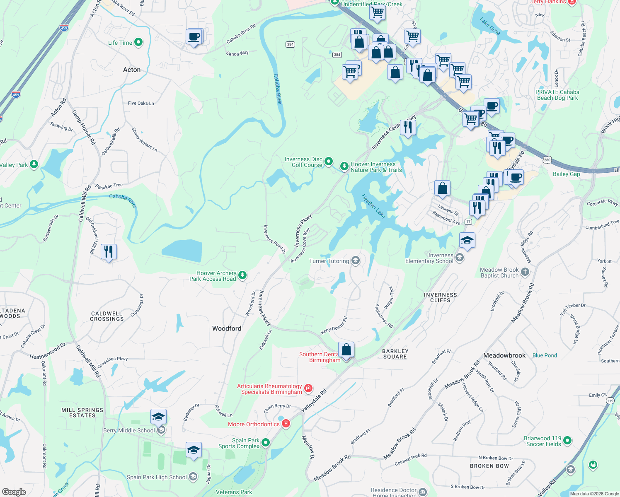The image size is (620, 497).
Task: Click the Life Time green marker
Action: (138, 42)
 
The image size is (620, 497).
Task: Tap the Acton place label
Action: (132, 70)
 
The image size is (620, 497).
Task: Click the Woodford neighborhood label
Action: (227, 328)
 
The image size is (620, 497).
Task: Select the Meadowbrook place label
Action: (504, 355)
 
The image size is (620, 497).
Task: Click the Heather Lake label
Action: (373, 206)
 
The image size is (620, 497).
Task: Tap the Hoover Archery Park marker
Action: (242, 275)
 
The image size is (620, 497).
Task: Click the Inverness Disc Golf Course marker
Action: (329, 161)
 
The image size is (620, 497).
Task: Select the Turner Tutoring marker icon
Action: (355, 261)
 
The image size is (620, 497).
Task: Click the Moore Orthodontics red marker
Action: (286, 424)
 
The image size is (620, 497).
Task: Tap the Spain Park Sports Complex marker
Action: (266, 443)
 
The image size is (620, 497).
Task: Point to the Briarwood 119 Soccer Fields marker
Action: (567, 440)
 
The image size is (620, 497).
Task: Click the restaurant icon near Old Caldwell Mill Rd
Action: (109, 251)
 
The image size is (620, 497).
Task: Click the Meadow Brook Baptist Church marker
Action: (525, 272)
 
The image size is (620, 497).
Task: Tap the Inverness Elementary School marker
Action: (459, 258)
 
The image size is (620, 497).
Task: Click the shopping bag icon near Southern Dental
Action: (346, 350)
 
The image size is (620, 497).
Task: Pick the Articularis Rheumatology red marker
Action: (308, 388)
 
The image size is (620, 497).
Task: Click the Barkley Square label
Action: (395, 354)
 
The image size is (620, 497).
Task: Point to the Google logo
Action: (14, 492)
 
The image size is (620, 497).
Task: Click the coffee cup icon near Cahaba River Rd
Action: (194, 36)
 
